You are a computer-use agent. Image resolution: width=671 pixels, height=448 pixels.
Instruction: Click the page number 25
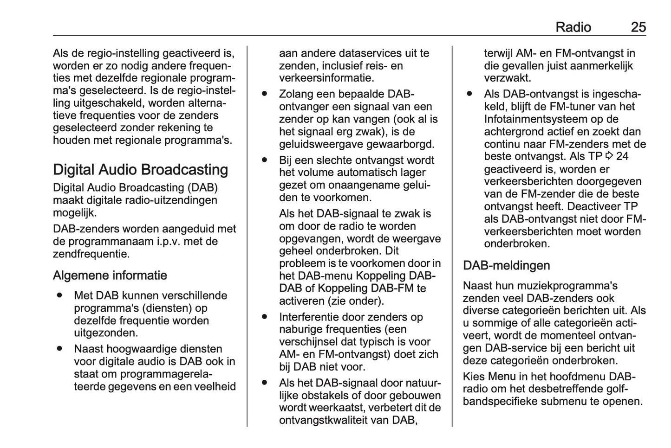click(638, 27)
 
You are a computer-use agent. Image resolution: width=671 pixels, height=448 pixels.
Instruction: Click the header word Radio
click(573, 27)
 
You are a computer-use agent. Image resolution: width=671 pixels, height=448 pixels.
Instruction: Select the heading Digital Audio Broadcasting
click(140, 170)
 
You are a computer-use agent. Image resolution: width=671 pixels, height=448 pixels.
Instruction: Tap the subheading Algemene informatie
click(110, 275)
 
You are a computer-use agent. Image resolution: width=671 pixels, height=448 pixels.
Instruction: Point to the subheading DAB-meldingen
click(506, 266)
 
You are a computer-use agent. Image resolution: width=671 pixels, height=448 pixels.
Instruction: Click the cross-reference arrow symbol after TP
click(609, 157)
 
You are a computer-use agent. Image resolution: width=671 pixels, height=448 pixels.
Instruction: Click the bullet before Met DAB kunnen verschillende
click(60, 295)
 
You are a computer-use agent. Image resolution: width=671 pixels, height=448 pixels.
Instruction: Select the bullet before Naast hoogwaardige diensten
click(60, 348)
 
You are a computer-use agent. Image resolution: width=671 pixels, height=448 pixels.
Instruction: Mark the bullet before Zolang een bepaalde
click(265, 93)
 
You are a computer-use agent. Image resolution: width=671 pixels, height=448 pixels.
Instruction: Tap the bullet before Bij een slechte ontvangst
click(265, 160)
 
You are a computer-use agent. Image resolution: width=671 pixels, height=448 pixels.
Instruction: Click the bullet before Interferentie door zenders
click(265, 316)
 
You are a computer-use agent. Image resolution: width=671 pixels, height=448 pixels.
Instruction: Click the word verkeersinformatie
click(326, 78)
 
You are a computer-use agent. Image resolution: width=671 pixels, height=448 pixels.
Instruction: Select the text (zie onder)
click(355, 301)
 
